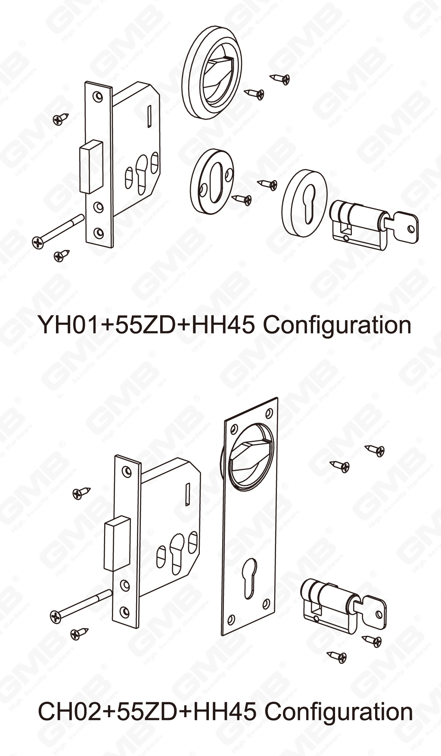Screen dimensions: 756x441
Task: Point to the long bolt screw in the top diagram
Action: point(58,231)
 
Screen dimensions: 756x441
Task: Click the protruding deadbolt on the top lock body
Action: point(91,166)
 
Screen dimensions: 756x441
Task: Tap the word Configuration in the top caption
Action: point(337,325)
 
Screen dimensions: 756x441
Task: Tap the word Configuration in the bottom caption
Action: point(339,712)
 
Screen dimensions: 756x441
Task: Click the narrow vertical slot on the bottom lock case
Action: point(188,494)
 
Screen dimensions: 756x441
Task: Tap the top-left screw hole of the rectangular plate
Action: point(234,429)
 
